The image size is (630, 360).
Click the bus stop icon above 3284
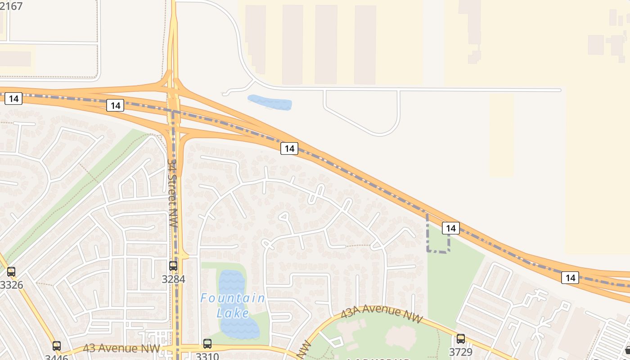173,266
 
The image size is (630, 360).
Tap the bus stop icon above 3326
11,272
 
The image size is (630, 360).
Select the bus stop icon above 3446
57,346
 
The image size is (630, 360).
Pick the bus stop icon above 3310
207,344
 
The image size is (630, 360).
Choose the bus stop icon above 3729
461,339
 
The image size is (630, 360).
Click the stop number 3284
173,279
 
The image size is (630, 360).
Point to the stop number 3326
11,285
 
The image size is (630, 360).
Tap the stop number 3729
461,351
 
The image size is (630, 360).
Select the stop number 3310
207,356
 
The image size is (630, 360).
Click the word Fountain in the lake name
233,298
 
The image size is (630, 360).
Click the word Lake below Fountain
233,313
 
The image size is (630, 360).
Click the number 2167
11,6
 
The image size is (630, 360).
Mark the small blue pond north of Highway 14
270,102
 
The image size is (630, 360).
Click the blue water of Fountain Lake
232,283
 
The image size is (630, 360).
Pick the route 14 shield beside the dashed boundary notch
450,228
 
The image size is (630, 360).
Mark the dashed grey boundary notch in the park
438,251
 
